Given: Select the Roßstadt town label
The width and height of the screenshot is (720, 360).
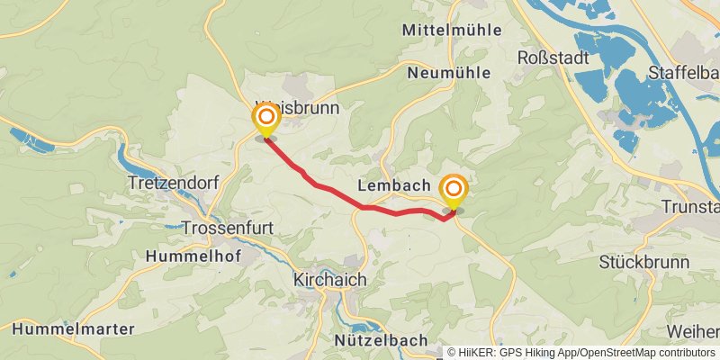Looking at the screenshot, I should point(553,58).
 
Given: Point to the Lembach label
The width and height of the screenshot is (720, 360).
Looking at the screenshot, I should point(393,184).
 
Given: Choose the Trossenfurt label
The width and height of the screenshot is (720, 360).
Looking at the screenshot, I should point(227,228).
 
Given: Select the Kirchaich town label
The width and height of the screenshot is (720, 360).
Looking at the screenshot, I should point(330,280).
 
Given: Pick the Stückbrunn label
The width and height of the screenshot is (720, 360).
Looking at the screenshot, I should point(636,263).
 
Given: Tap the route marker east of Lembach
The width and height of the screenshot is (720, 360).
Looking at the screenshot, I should point(454,189).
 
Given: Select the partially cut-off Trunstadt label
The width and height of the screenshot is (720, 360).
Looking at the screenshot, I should point(691,207).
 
